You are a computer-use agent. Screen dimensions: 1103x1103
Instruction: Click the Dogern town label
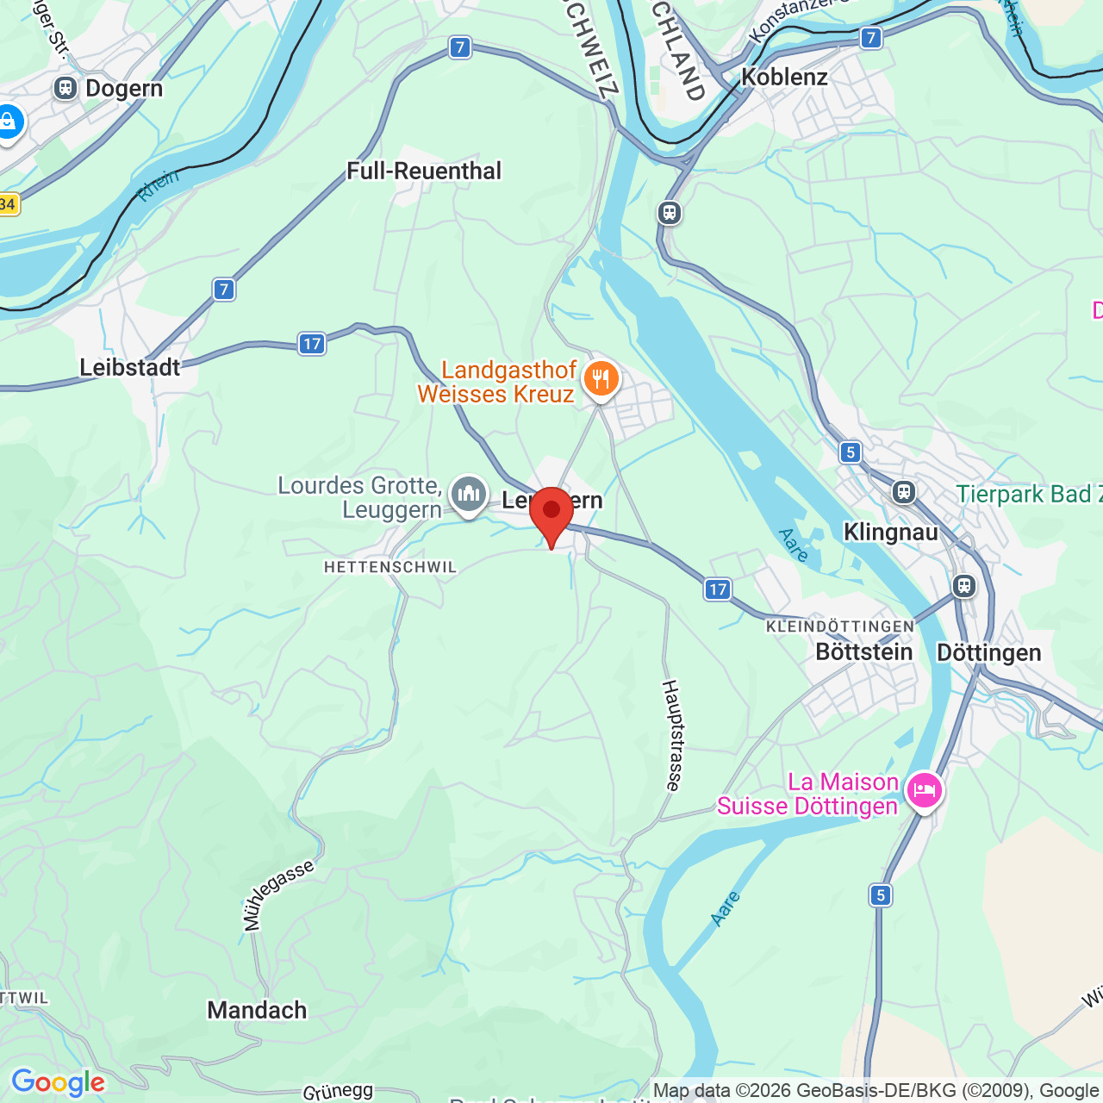click(x=124, y=89)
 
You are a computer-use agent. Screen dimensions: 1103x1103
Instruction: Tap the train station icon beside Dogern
click(x=65, y=88)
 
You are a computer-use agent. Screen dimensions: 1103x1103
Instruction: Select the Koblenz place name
click(x=784, y=77)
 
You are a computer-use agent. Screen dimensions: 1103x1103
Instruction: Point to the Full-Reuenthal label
click(x=424, y=171)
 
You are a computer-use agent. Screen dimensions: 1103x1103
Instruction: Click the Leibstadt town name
click(x=130, y=367)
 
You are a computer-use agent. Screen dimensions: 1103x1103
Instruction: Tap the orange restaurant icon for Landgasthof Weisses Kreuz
click(x=601, y=379)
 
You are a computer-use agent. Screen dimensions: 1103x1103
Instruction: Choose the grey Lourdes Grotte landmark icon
click(x=469, y=495)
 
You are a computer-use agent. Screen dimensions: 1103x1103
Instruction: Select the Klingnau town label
click(x=891, y=532)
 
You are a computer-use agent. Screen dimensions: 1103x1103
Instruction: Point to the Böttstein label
click(x=864, y=651)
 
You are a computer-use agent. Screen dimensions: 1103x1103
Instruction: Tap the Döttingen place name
click(x=989, y=652)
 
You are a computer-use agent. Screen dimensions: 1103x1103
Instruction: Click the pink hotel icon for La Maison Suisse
click(x=925, y=790)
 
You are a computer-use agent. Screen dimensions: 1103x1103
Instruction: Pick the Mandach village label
click(x=257, y=1010)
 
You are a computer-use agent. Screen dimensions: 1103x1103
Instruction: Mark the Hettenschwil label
click(x=390, y=567)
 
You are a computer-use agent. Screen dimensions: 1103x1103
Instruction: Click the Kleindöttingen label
click(x=840, y=626)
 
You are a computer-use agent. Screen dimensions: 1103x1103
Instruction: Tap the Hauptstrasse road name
click(x=672, y=735)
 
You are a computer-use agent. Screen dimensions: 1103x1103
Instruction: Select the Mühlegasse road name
click(x=277, y=895)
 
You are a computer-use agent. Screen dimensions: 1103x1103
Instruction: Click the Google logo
click(x=58, y=1082)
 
